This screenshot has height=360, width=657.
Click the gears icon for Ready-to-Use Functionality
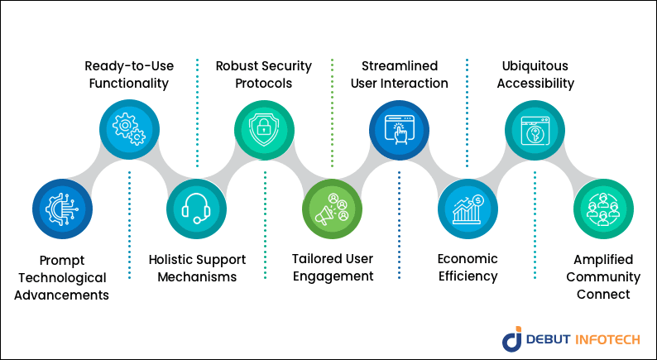[x=129, y=129]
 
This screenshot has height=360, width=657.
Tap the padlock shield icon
[x=264, y=129]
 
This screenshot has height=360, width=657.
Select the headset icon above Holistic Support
[x=196, y=209]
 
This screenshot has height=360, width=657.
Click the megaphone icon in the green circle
[x=332, y=209]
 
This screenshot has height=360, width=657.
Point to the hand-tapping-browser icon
[x=400, y=130]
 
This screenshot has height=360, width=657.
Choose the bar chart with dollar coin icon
[x=468, y=209]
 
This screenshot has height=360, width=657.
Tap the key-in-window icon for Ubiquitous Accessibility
[x=535, y=130]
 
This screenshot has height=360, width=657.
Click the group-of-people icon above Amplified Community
[x=603, y=209]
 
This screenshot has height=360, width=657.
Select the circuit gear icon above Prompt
[x=62, y=209]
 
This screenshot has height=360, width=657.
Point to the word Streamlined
[x=400, y=66]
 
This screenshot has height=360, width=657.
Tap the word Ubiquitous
[x=535, y=66]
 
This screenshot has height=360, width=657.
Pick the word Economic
[x=468, y=259]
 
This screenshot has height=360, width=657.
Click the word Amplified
[x=603, y=260]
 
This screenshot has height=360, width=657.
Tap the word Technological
[x=62, y=278]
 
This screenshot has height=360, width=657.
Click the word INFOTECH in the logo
[x=607, y=339]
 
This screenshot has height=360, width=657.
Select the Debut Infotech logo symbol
[x=512, y=338]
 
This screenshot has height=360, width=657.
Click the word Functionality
[x=128, y=84]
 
